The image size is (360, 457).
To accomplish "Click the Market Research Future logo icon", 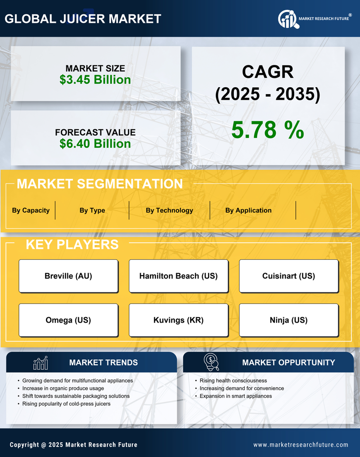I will click(x=288, y=19).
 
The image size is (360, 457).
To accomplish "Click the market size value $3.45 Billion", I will click(x=95, y=80).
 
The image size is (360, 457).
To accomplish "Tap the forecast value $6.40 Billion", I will click(x=95, y=144).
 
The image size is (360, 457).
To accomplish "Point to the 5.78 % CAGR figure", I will click(x=267, y=130).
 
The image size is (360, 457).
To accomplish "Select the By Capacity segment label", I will click(x=31, y=210).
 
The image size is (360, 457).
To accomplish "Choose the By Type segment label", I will click(x=92, y=210).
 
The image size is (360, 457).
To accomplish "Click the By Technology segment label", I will click(x=169, y=210).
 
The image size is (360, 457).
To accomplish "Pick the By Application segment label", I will click(x=248, y=210).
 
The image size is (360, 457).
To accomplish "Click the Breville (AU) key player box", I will click(x=68, y=276).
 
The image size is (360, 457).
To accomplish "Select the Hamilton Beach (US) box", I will click(x=178, y=276).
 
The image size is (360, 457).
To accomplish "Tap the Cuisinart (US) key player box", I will click(x=289, y=276).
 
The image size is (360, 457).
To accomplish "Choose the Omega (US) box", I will click(x=68, y=320).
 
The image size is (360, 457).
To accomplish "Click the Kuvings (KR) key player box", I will click(x=178, y=320).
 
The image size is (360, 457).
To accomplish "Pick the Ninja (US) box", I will click(x=289, y=320).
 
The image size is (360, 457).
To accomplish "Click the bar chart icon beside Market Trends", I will click(x=41, y=363).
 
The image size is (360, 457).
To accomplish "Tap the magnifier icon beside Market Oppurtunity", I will click(x=211, y=362).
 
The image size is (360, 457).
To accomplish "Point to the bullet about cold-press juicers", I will click(x=66, y=404).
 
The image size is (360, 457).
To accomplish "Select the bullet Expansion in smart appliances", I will click(x=236, y=396).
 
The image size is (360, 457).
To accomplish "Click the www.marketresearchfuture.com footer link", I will click(x=301, y=445).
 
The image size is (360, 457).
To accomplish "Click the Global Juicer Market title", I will click(x=83, y=19).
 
